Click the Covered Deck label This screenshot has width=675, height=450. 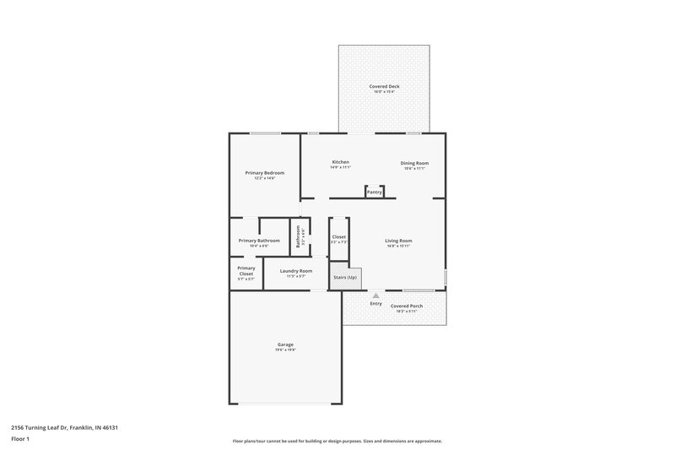tap(383, 86)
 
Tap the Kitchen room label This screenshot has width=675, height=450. tap(341, 162)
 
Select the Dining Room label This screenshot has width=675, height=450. tap(414, 162)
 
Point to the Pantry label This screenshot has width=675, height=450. tap(375, 192)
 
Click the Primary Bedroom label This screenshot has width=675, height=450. tap(265, 172)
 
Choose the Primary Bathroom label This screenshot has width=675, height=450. tap(259, 241)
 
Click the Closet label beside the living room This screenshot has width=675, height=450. tap(338, 237)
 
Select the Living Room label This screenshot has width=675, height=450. tap(398, 241)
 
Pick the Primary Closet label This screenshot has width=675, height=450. tap(246, 271)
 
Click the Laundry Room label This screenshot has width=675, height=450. tap(295, 271)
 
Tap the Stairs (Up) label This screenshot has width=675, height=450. tap(346, 277)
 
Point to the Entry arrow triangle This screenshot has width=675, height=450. tap(375, 295)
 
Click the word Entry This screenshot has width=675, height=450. tap(375, 303)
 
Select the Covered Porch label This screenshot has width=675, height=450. tap(407, 306)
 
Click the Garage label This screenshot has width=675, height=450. tap(285, 344)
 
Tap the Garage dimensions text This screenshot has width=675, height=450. tap(285, 350)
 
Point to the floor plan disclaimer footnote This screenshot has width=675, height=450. tap(337, 441)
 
